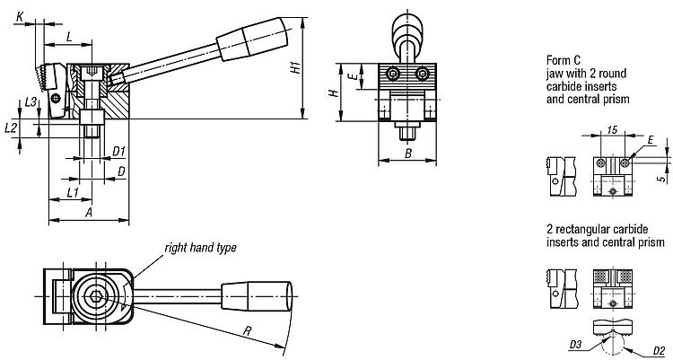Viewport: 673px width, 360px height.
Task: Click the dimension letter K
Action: [x=20, y=17]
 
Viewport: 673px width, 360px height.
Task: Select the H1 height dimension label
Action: [x=296, y=68]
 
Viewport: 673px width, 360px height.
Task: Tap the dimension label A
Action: [x=89, y=212]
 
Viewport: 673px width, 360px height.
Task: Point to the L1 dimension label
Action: [x=73, y=192]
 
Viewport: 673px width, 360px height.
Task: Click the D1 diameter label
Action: [x=118, y=151]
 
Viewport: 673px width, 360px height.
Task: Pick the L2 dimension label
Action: [x=10, y=127]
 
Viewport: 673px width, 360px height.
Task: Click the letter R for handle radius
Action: [x=247, y=330]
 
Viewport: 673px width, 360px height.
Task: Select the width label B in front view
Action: [x=408, y=153]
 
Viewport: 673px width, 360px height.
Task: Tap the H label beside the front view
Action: [x=332, y=92]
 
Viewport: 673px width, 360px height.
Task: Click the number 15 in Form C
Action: [x=613, y=130]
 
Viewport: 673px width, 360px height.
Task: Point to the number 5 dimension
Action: [x=663, y=179]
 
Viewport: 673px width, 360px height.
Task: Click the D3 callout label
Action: [x=575, y=344]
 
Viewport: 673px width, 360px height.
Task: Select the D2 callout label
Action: [x=659, y=350]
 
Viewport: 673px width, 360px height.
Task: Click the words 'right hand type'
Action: [x=200, y=248]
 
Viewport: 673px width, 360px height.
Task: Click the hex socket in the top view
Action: [x=94, y=296]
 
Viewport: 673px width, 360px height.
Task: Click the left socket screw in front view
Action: [x=393, y=74]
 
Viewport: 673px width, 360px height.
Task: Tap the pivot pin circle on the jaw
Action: [x=56, y=99]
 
